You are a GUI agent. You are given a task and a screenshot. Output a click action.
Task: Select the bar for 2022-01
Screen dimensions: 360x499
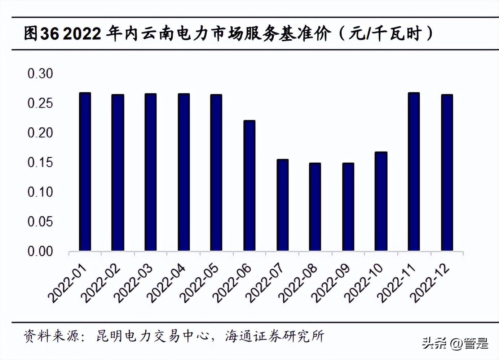[x=85, y=172]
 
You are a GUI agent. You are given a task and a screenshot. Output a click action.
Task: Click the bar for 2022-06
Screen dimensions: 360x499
[x=249, y=185]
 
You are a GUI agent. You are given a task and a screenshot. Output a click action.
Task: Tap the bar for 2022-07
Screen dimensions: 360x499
[x=282, y=205]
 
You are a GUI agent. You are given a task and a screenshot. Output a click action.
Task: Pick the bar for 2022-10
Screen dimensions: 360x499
[x=381, y=201]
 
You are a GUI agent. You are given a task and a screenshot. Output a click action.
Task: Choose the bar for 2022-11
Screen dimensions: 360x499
[x=414, y=172]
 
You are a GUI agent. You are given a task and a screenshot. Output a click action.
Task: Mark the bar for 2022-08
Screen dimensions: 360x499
[x=315, y=207]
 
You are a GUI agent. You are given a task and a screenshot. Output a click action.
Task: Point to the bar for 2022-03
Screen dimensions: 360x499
[x=150, y=172]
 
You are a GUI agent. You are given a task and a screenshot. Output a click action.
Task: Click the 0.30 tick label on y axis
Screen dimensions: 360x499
[x=40, y=74]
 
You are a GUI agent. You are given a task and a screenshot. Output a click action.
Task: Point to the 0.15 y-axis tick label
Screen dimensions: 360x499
[x=40, y=162]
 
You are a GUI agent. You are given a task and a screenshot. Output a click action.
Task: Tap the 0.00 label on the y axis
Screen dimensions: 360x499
[x=40, y=251]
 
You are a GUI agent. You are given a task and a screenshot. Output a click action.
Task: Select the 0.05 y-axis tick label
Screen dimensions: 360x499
[x=40, y=221]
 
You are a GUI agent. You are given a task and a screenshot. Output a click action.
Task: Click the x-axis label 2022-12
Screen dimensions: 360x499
[x=431, y=284]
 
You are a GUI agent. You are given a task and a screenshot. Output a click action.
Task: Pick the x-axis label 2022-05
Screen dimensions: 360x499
[x=200, y=284]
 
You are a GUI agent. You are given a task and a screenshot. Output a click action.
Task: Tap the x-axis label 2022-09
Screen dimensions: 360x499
[x=331, y=284]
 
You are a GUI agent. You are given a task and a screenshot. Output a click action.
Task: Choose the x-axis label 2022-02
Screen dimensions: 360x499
[x=101, y=284]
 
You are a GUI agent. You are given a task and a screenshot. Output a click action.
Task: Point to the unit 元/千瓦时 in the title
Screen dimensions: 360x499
[x=385, y=34]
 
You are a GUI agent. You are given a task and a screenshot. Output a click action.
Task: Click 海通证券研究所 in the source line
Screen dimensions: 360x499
[x=275, y=336]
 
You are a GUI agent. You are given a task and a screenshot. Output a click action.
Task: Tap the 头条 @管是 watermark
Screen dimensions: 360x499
[x=455, y=343]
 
